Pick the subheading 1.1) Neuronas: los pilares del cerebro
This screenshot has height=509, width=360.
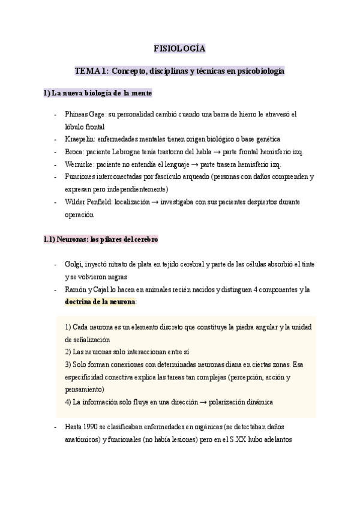click(x=101, y=239)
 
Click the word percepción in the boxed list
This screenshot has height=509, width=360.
click(x=244, y=378)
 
